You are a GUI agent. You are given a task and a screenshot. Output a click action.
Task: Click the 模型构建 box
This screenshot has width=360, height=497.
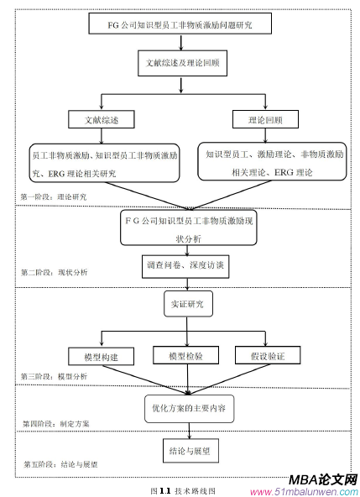point(102,357)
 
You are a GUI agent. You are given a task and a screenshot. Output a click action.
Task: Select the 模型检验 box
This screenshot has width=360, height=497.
point(185,357)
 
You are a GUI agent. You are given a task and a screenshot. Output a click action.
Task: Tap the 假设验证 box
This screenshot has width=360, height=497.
point(265,357)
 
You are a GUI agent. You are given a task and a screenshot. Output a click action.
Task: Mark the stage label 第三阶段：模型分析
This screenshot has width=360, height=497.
point(54,377)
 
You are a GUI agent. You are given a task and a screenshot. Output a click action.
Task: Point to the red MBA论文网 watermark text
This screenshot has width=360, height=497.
point(321,479)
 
